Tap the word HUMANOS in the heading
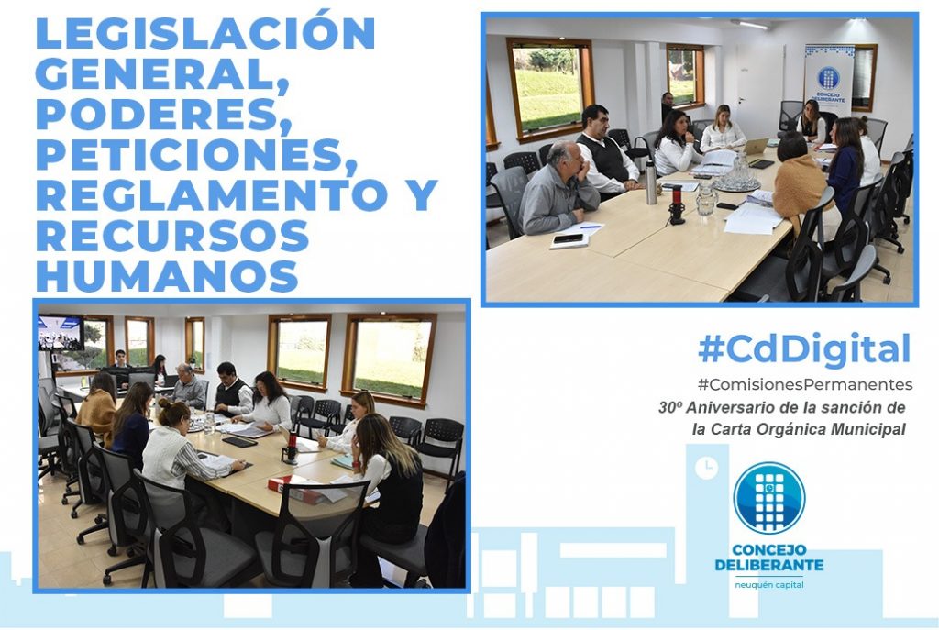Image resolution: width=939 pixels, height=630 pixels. [167, 276]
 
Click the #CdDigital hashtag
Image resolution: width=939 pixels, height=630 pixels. [803, 349]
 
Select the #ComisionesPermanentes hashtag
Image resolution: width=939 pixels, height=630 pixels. [805, 384]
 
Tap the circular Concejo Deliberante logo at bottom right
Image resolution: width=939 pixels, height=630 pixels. [769, 498]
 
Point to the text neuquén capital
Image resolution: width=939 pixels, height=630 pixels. [769, 585]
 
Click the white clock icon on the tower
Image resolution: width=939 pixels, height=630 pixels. [707, 467]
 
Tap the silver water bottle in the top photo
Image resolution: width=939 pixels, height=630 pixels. [651, 182]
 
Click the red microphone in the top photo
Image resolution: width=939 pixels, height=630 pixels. [678, 204]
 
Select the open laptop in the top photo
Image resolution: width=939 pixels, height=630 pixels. [756, 148]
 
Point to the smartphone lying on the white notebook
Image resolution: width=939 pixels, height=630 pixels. [569, 239]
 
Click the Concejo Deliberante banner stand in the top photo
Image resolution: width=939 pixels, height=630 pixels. [829, 81]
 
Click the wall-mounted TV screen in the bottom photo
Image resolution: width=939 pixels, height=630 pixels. [61, 332]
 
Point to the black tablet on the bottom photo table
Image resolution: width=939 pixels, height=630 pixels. [239, 441]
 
